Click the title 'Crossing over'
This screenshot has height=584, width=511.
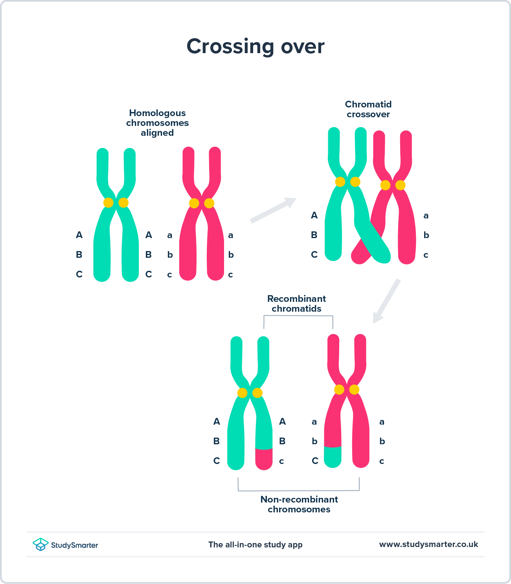coord(256,46)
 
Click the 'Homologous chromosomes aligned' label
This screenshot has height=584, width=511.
coord(157,123)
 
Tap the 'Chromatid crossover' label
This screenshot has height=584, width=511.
coord(368,109)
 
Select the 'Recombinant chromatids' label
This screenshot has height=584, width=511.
coord(297,304)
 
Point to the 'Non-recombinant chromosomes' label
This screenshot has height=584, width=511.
coord(299,504)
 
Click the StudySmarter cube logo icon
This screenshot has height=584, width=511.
coord(40,545)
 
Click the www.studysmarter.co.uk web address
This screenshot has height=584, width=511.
coord(428,544)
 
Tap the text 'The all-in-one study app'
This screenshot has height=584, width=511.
coord(256,545)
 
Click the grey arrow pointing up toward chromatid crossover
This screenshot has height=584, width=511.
coord(274,210)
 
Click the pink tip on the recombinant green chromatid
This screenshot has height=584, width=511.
coord(264,459)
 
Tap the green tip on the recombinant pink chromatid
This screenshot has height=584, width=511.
coord(333,457)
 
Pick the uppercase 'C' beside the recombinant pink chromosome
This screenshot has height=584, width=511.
coord(315,461)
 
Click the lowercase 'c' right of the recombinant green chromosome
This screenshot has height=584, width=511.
coord(281,461)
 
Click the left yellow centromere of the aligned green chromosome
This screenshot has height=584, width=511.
coord(108,203)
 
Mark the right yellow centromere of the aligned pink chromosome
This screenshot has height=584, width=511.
coord(209,203)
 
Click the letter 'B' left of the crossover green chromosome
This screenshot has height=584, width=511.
coord(314,235)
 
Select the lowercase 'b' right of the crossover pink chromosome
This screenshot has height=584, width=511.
coord(426,235)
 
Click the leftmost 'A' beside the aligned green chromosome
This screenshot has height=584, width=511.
coord(79,235)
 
